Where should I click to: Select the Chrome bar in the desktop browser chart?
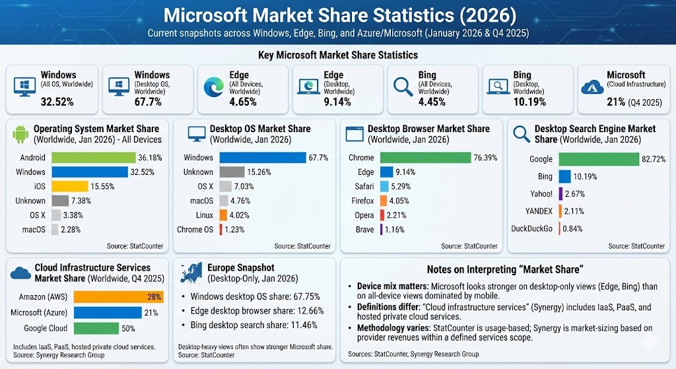click(429, 158)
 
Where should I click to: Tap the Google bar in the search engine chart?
click(598, 159)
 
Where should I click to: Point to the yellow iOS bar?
click(69, 187)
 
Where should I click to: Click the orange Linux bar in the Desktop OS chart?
click(223, 215)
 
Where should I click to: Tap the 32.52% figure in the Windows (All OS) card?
click(57, 102)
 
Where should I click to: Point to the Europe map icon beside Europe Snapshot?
click(191, 273)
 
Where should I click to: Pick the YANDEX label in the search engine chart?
click(539, 211)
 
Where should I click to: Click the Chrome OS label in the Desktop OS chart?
click(195, 230)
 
